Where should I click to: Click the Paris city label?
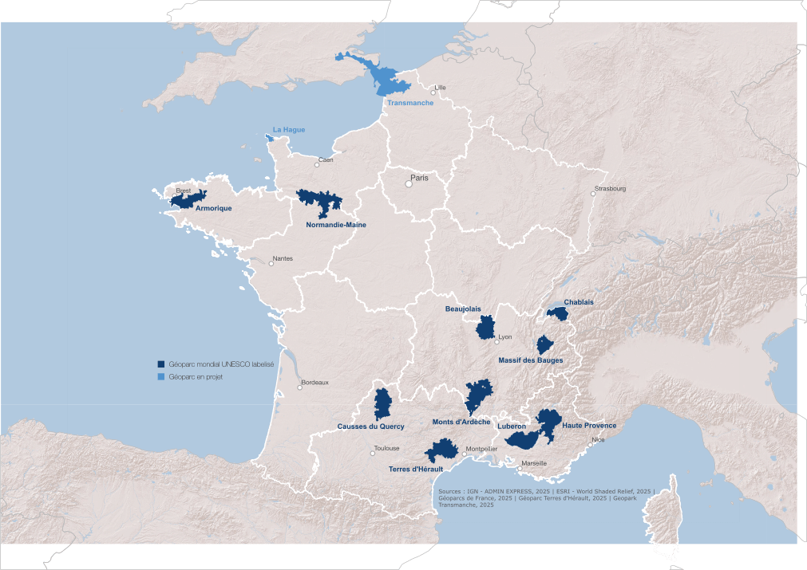pos(419,178)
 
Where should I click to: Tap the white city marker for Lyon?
pos(496,342)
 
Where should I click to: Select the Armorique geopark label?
pos(213,208)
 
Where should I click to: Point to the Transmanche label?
pos(410,104)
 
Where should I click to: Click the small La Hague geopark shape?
pos(269,138)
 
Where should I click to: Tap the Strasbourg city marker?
pos(593,194)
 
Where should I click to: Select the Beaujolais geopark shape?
pos(485,328)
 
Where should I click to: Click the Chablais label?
pos(579,302)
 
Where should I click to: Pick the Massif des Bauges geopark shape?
pos(545,344)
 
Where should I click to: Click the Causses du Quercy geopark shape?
pos(383,404)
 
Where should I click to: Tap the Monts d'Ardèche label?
pos(461,422)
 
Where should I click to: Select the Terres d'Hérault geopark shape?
pos(440,452)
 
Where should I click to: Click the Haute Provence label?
pos(589,426)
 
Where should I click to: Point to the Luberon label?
pos(511,427)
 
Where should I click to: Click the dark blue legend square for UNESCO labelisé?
pos(161,364)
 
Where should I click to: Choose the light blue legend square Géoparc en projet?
pos(161,376)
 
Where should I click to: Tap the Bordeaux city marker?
pos(300,388)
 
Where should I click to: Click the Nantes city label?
pos(283,258)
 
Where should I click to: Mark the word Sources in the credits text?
pos(450,491)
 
